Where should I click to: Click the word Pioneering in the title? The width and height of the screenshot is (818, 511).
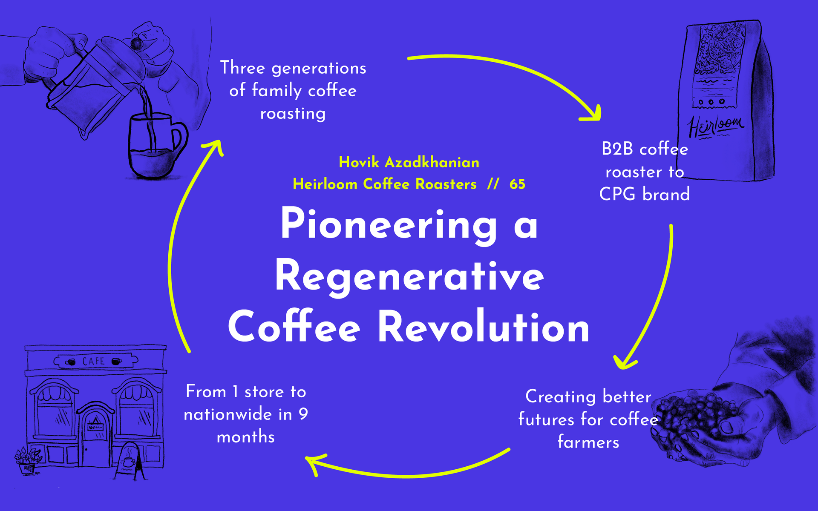coord(388,225)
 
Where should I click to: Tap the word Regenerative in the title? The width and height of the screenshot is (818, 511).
coord(409,277)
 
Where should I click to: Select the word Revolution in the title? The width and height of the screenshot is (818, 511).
coord(484,327)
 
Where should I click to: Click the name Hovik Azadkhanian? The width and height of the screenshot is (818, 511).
coord(409,162)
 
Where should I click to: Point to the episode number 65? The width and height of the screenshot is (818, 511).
coord(517,184)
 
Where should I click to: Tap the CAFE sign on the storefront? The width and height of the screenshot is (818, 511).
coord(94,362)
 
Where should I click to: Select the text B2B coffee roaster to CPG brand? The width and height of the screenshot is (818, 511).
coord(644,172)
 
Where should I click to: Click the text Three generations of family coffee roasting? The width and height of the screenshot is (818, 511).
coord(293,91)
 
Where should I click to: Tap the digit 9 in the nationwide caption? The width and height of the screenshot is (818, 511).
coord(303,414)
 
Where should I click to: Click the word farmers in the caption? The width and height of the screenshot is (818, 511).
coord(588,442)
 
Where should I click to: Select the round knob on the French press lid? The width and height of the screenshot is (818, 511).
coord(136,44)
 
